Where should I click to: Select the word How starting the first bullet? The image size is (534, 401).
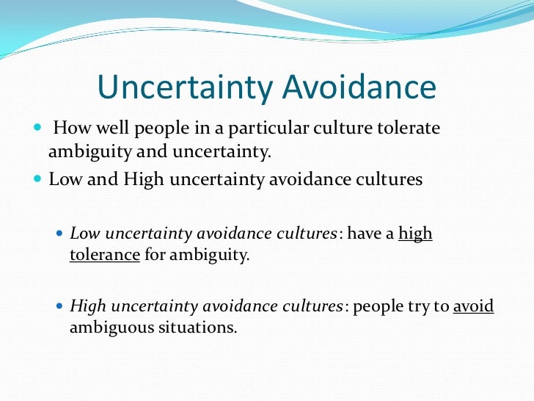(x=71, y=129)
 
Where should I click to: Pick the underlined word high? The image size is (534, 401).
(x=415, y=234)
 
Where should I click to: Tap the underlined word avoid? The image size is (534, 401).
(x=474, y=306)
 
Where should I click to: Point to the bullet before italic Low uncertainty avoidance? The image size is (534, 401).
(x=60, y=234)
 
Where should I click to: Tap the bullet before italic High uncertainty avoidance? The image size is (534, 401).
(x=60, y=306)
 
